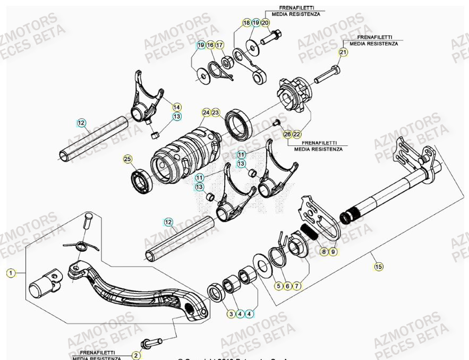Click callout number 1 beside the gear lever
coord(10,273)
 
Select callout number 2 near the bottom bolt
coord(136,355)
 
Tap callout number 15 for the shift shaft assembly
coord(378,266)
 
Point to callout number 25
coord(127,159)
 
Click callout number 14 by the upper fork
coord(176,106)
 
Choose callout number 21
coord(343,53)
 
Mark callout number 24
coord(206,113)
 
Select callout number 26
coord(287,134)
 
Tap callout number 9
coord(333,252)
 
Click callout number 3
coord(231,314)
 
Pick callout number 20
coord(265,23)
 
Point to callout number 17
coord(219,45)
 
